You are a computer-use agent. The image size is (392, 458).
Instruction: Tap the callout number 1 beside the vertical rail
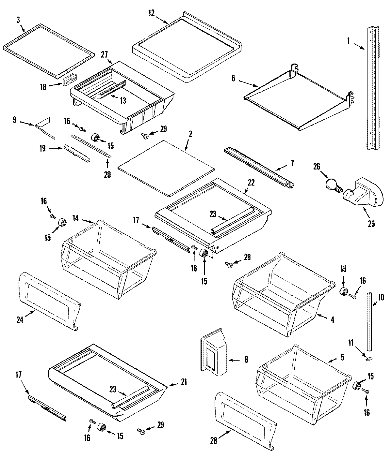348,41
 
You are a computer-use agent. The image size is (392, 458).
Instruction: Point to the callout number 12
151,13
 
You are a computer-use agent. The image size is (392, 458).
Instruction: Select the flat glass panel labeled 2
166,168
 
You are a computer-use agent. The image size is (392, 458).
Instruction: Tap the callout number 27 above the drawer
104,54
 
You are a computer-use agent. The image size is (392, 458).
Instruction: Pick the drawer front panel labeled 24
49,302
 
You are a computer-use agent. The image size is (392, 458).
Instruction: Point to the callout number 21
184,382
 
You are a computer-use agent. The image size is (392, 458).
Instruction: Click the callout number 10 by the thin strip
381,297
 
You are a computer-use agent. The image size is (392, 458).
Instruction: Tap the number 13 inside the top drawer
122,100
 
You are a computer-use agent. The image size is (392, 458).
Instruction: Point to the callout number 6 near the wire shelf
233,79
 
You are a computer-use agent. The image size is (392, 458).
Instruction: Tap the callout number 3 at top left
18,20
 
